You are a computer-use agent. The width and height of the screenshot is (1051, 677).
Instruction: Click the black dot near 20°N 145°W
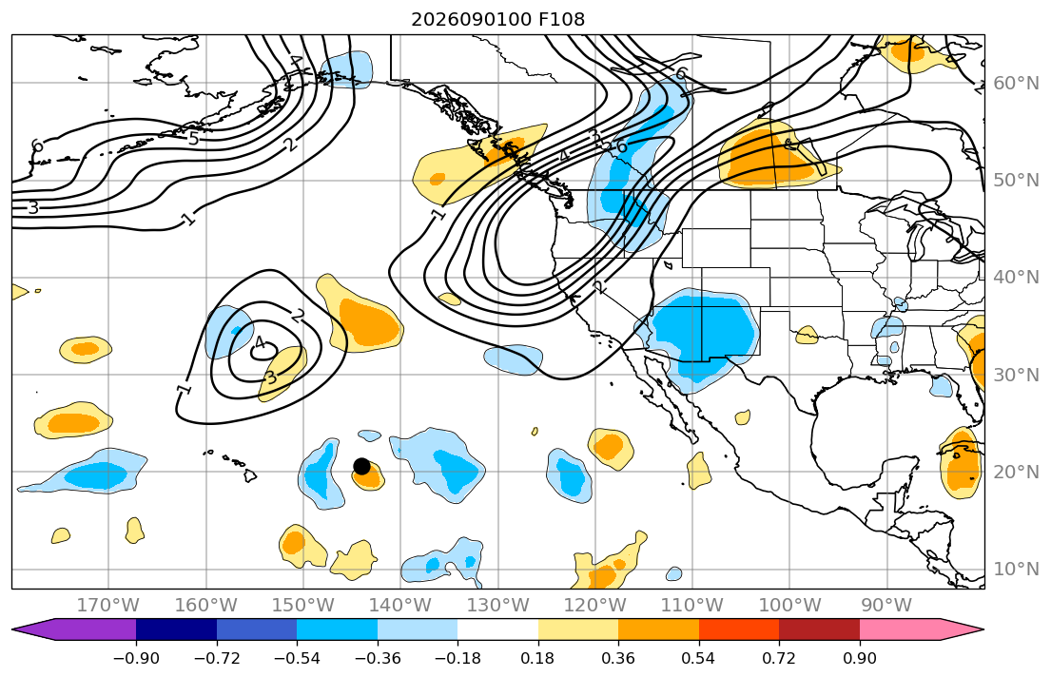pyautogui.click(x=361, y=466)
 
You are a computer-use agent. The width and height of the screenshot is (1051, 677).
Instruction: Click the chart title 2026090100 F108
pyautogui.click(x=498, y=19)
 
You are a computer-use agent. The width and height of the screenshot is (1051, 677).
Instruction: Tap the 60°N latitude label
pyautogui.click(x=1016, y=83)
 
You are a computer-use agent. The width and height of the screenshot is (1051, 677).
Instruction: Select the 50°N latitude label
pyautogui.click(x=1016, y=181)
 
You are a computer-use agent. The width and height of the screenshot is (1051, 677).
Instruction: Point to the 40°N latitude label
pyautogui.click(x=1016, y=277)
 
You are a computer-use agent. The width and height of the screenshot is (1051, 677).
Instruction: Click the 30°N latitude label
pyautogui.click(x=1016, y=374)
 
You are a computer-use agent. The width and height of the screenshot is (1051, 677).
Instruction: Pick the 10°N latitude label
pyautogui.click(x=1016, y=569)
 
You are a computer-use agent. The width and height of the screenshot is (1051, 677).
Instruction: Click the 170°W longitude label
pyautogui.click(x=108, y=606)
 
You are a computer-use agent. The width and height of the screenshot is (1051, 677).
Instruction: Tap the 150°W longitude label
pyautogui.click(x=303, y=606)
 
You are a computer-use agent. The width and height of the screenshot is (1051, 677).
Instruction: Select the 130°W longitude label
pyautogui.click(x=498, y=606)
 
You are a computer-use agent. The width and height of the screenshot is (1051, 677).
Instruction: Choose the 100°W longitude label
pyautogui.click(x=789, y=606)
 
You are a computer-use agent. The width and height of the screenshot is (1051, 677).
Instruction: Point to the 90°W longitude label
pyautogui.click(x=886, y=606)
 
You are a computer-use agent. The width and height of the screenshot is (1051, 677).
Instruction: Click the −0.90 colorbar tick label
pyautogui.click(x=136, y=658)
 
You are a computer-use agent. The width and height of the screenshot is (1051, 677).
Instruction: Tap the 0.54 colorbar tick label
pyautogui.click(x=698, y=658)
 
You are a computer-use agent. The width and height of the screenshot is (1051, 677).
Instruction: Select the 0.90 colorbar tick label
pyautogui.click(x=859, y=658)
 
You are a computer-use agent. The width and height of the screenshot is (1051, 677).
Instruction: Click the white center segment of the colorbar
pyautogui.click(x=498, y=629)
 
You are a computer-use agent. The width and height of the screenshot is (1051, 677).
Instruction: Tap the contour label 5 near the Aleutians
pyautogui.click(x=193, y=139)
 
